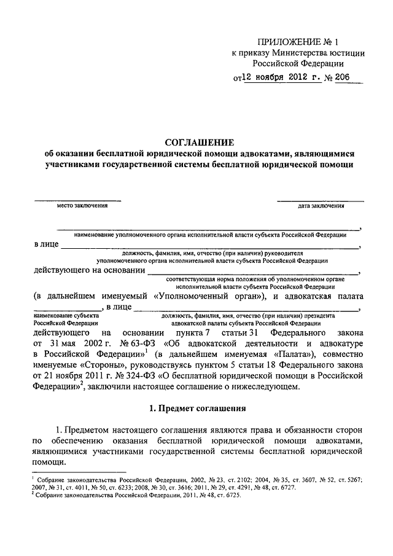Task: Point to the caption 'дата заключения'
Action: tap(321, 206)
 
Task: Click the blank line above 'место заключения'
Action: tap(77, 199)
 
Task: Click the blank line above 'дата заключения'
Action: tap(319, 199)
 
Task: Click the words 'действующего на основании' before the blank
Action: tap(88, 270)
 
